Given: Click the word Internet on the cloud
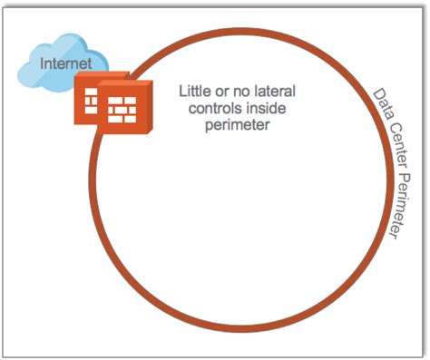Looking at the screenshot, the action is [x=54, y=63].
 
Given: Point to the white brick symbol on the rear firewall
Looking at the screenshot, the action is [x=89, y=99].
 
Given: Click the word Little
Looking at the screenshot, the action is [x=198, y=92].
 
